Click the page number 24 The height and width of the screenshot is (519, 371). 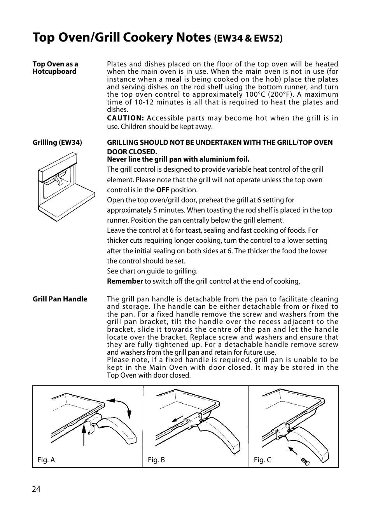point(36,489)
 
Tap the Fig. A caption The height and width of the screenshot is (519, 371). point(46,460)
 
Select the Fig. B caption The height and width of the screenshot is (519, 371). point(156,460)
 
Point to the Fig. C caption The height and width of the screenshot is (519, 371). point(262,460)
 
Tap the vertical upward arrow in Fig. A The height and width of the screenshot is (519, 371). point(84,435)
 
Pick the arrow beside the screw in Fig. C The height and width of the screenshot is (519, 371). point(292,451)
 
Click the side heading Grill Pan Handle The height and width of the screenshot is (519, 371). point(60,299)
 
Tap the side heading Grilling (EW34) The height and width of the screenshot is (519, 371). point(57,143)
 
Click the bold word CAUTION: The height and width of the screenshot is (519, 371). point(126,118)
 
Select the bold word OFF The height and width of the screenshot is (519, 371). point(163,190)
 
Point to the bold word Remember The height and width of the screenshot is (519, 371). point(125,281)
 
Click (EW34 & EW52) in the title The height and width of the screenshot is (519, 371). point(248,38)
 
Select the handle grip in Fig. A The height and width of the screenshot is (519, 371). point(121,429)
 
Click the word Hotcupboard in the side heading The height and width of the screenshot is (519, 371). point(54,71)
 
